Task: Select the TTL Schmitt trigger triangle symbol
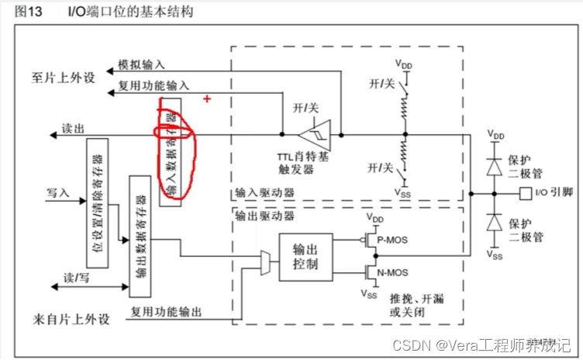coord(323,133)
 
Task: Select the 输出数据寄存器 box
coord(140,236)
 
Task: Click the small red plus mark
coord(207,99)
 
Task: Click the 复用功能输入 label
coord(154,86)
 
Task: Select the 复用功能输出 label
coord(166,311)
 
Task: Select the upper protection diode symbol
coord(493,165)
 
